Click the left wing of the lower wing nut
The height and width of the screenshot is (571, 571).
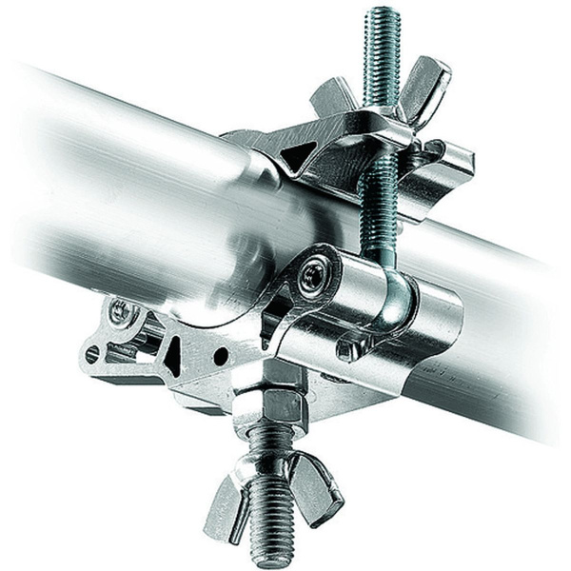[221, 491]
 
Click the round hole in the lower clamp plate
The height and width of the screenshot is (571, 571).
[221, 357]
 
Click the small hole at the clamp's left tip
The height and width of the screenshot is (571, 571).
[92, 354]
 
